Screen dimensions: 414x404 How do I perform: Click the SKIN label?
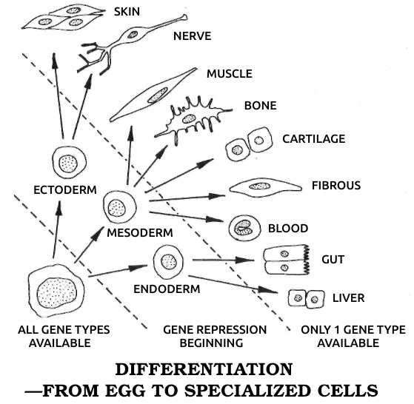tap(127, 12)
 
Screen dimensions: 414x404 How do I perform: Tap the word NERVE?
tap(193, 36)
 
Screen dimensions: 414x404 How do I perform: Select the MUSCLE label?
tap(230, 74)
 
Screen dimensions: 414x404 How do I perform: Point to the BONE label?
tap(261, 106)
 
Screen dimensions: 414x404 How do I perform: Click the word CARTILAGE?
tap(314, 139)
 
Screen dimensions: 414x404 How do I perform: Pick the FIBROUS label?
tap(336, 186)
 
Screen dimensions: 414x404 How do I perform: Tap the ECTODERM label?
tap(65, 190)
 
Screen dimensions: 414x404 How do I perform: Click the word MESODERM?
tap(140, 233)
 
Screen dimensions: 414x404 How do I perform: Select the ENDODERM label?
tap(167, 289)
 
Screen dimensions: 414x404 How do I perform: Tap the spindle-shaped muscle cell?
tap(153, 95)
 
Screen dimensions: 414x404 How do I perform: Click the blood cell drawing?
tap(244, 228)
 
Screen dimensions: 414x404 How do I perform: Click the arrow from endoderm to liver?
tap(233, 284)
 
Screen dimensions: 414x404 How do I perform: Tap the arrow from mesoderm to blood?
tap(187, 217)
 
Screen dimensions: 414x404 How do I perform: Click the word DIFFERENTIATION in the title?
tap(204, 369)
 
